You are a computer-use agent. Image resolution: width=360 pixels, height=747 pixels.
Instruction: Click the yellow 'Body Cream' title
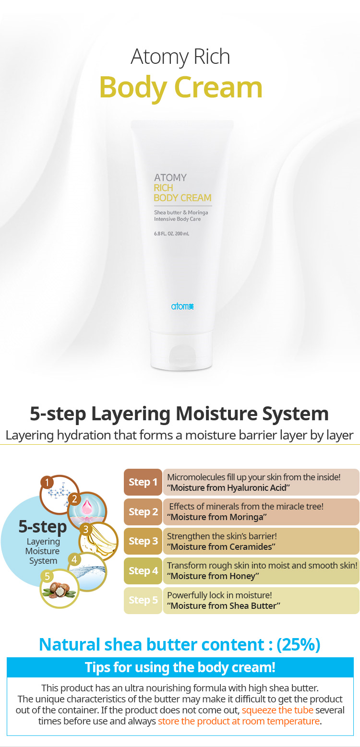pyautogui.click(x=180, y=87)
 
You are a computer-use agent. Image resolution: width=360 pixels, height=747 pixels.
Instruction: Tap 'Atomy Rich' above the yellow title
pyautogui.click(x=180, y=57)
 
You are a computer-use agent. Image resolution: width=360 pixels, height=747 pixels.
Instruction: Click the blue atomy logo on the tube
pyautogui.click(x=182, y=306)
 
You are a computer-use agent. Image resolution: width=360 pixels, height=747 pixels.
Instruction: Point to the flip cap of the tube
pyautogui.click(x=181, y=351)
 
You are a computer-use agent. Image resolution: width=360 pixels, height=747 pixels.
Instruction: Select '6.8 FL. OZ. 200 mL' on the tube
pyautogui.click(x=171, y=234)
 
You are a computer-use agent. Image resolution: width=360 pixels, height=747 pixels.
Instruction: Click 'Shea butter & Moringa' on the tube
pyautogui.click(x=181, y=213)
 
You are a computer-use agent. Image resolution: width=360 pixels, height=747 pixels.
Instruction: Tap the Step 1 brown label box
pyautogui.click(x=143, y=482)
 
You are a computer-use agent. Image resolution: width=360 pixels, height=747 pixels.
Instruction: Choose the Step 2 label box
pyautogui.click(x=143, y=511)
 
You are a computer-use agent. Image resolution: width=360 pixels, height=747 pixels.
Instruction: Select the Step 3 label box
pyautogui.click(x=143, y=541)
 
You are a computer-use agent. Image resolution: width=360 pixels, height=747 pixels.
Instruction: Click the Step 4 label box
pyautogui.click(x=143, y=570)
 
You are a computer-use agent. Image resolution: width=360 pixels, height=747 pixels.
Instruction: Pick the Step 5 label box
pyautogui.click(x=143, y=600)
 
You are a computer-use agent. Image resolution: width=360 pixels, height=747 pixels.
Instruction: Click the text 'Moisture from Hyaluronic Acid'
pyautogui.click(x=228, y=488)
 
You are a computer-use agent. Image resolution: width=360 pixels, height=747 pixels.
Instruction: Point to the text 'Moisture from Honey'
pyautogui.click(x=213, y=576)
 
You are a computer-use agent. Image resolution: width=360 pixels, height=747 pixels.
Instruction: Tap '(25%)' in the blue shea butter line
pyautogui.click(x=298, y=645)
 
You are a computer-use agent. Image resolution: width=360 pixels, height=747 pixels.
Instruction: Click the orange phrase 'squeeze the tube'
pyautogui.click(x=277, y=710)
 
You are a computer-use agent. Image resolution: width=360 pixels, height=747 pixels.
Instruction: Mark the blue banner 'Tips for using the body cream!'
pyautogui.click(x=180, y=667)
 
